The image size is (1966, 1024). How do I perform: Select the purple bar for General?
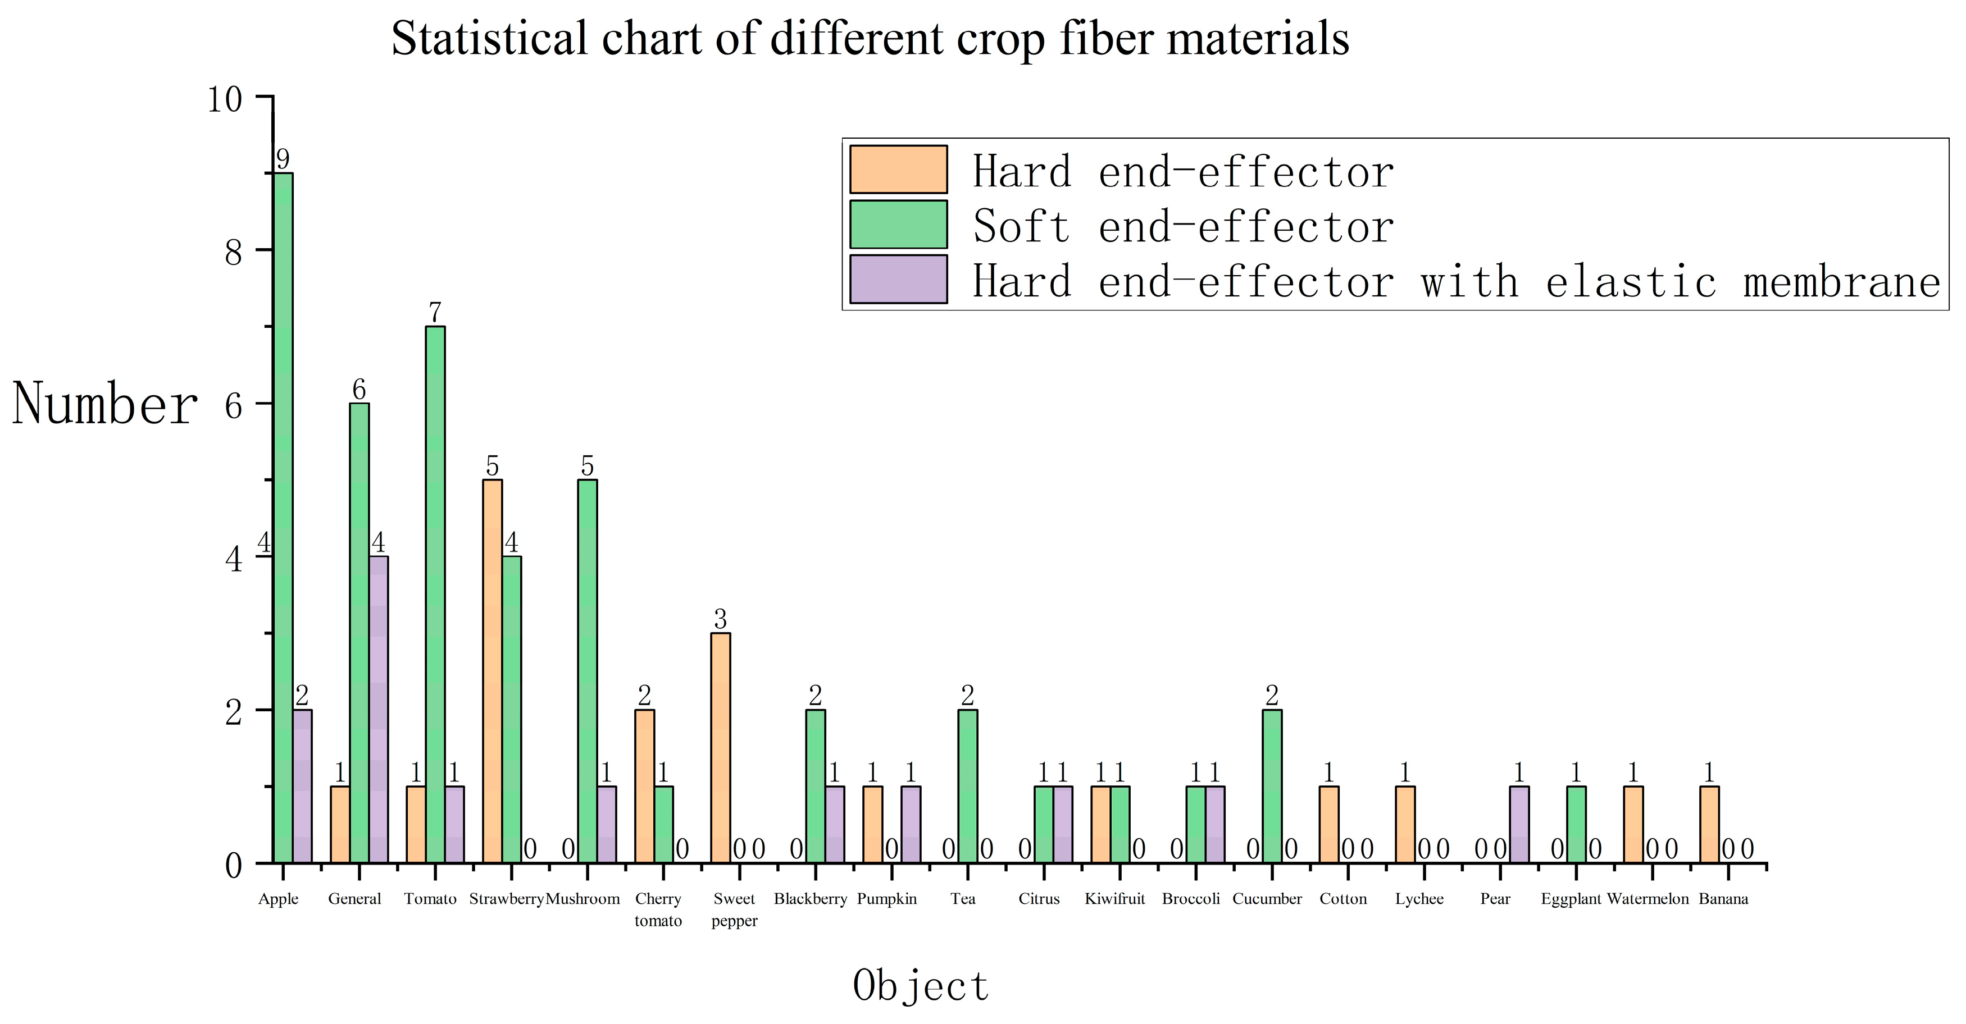click(379, 710)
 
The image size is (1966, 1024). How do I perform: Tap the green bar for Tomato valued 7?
click(435, 595)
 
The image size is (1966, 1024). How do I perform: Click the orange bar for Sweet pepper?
click(721, 748)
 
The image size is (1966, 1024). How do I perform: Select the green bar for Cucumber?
click(1272, 786)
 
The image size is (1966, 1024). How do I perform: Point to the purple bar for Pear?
click(1519, 824)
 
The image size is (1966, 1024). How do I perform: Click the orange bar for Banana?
click(1709, 824)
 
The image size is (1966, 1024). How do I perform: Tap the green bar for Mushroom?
click(588, 671)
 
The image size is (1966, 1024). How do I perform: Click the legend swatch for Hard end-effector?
click(898, 170)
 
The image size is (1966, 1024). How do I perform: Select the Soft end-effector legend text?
click(1183, 227)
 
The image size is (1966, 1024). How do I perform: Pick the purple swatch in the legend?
click(898, 279)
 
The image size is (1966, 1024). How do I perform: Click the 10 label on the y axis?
click(225, 99)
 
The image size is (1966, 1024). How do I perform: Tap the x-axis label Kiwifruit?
click(1115, 899)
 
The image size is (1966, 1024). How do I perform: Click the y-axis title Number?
click(106, 404)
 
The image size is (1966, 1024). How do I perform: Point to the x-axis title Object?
click(921, 985)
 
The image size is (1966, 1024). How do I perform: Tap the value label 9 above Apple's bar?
click(283, 159)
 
